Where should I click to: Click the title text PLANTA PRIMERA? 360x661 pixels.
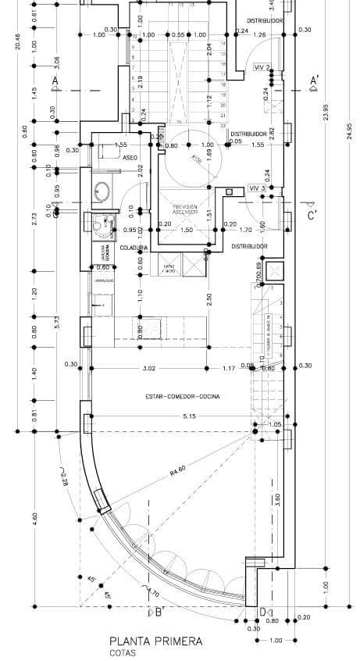155,641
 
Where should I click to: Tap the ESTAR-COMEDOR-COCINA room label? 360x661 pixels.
183,396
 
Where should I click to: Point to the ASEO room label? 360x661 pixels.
130,157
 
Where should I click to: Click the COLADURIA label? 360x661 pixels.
134,247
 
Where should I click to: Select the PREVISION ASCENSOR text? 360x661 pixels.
186,209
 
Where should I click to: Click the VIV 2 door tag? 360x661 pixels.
262,67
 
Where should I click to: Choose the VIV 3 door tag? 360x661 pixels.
258,188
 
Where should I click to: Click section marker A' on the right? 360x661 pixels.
314,80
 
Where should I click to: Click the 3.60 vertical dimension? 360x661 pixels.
276,500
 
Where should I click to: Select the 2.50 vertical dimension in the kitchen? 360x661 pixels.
209,299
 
